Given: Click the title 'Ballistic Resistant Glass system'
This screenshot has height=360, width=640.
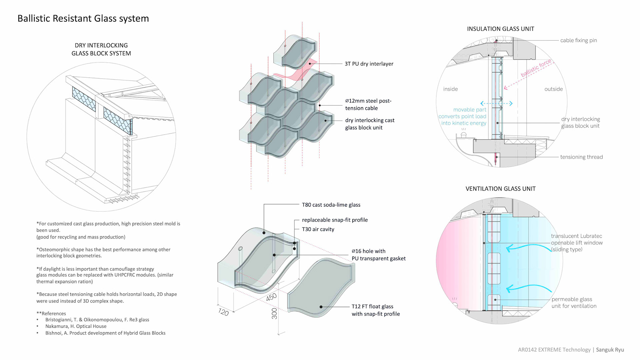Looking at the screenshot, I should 83,18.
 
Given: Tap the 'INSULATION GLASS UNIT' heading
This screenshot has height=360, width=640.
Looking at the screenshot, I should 500,29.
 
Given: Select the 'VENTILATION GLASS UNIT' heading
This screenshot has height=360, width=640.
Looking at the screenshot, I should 500,189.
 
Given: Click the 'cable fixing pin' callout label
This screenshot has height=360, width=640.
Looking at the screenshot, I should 578,40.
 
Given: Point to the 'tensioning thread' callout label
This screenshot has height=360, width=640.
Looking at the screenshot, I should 581,157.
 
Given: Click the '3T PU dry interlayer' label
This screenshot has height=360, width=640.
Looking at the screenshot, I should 369,64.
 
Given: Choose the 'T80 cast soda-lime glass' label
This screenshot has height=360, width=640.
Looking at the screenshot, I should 331,205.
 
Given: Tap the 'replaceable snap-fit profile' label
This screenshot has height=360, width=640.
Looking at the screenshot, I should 335,220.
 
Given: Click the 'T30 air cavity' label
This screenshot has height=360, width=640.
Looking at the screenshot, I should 318,229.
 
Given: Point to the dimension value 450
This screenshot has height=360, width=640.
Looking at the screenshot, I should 271,297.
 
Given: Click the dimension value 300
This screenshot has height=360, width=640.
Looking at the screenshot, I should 274,313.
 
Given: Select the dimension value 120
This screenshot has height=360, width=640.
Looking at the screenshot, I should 223,312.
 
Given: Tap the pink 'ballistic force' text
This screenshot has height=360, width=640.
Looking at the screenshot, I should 536,68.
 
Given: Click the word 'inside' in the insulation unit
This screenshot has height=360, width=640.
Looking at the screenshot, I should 450,89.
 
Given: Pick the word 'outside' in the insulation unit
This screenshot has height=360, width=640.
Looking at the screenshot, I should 553,89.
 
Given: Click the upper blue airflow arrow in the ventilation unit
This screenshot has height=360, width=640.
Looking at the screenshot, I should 528,248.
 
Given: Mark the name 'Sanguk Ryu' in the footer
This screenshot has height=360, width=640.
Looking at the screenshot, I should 610,350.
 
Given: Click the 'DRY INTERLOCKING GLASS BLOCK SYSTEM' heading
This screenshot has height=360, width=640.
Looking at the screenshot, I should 101,49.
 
